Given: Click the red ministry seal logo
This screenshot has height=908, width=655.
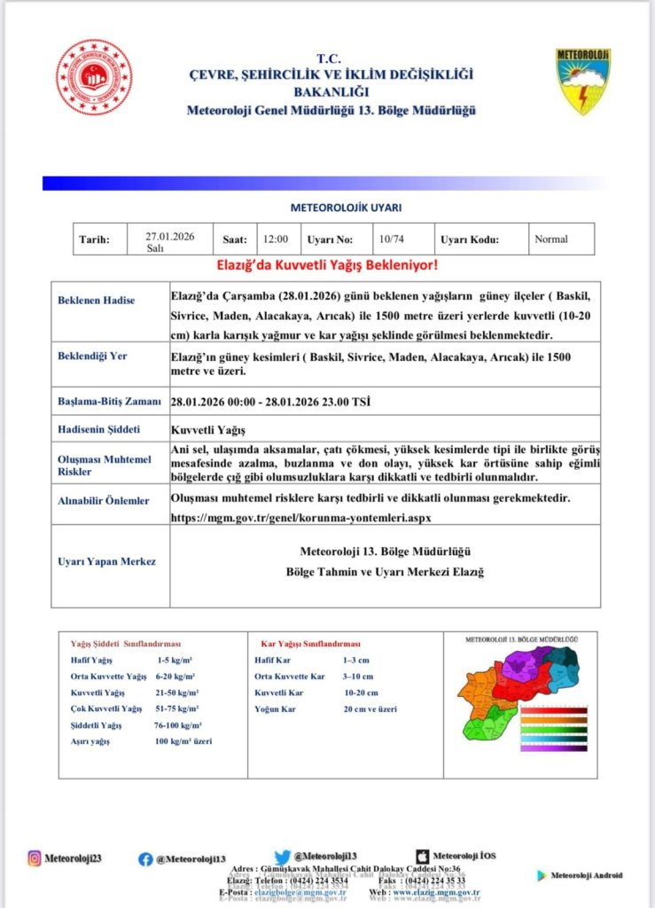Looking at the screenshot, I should [x=94, y=77].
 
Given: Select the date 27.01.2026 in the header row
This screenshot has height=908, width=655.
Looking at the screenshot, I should [x=169, y=237].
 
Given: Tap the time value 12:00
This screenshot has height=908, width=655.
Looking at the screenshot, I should [x=275, y=239].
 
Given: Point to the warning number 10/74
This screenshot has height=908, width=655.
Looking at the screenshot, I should [x=391, y=239].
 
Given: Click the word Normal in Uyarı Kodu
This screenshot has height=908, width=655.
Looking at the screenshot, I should [x=551, y=239].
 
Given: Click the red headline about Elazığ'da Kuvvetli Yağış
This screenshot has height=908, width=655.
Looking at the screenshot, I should [x=327, y=265].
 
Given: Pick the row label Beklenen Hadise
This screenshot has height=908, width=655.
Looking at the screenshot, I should [x=97, y=301].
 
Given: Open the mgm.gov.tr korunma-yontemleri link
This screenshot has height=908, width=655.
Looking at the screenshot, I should [x=301, y=515].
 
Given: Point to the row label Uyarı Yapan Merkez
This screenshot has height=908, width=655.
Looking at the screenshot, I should [x=105, y=562].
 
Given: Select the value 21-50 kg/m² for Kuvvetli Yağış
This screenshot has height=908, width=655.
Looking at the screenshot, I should [x=178, y=692].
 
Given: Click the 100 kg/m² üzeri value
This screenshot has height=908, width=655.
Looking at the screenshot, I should [x=183, y=740].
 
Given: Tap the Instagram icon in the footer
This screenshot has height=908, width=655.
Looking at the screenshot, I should [x=35, y=857].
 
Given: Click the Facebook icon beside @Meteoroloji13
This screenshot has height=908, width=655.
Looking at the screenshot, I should [x=145, y=858].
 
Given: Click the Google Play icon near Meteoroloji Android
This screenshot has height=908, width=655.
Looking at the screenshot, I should [x=541, y=875].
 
